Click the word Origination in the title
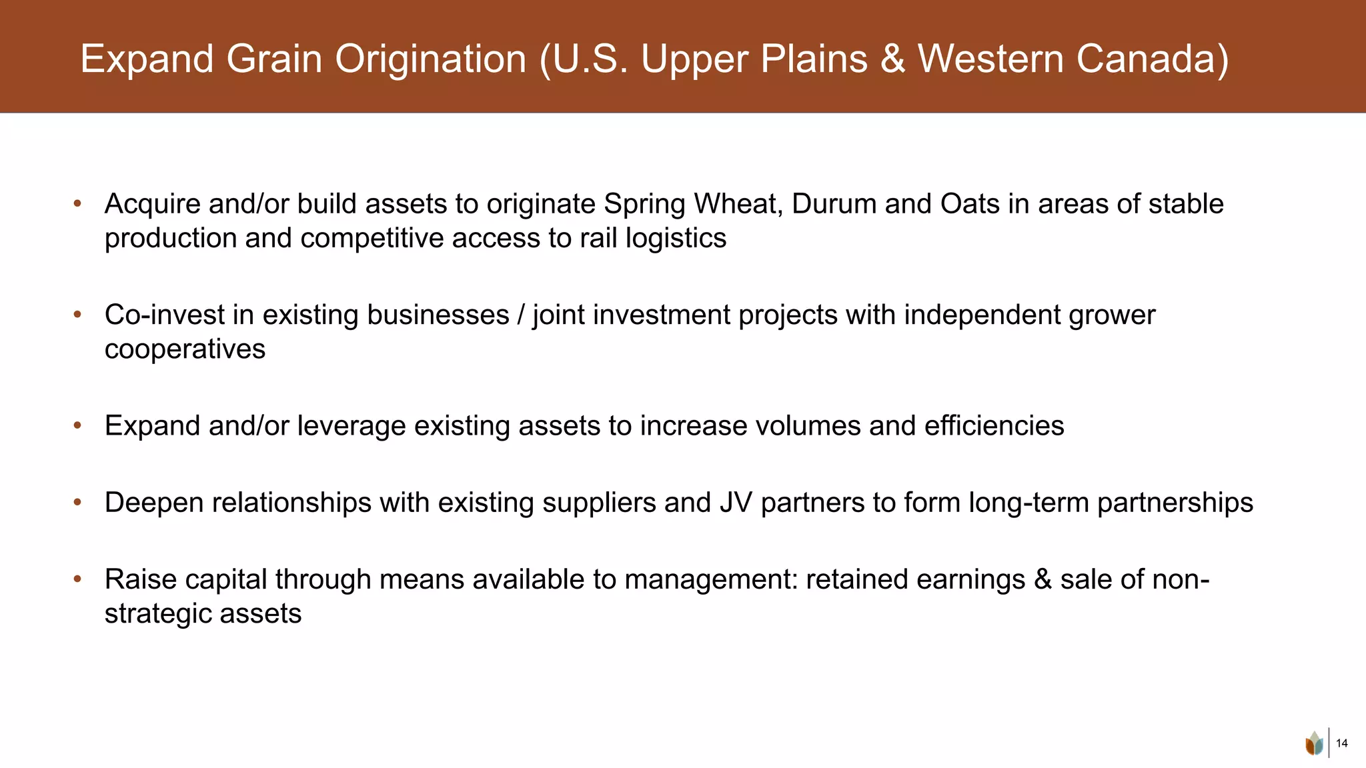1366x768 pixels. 430,59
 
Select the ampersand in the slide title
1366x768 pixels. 892,59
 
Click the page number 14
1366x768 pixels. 1342,743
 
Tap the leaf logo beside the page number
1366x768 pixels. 1314,743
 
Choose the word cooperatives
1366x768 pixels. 185,349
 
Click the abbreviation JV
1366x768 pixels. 736,503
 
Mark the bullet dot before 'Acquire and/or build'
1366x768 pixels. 77,203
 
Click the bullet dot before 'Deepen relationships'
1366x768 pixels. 77,502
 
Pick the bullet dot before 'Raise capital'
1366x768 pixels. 77,579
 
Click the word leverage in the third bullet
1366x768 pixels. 351,426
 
